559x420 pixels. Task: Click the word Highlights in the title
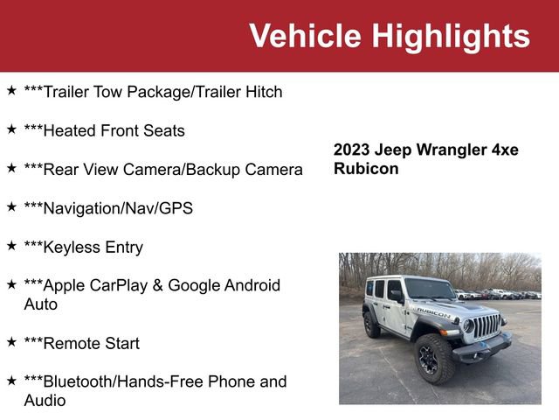(x=450, y=36)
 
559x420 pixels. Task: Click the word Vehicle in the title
(x=305, y=36)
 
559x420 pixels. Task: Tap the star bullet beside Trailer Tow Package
(x=11, y=90)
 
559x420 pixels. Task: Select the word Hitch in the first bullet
(x=261, y=92)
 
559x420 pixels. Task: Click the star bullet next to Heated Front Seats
(x=11, y=129)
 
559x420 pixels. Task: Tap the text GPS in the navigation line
(x=176, y=208)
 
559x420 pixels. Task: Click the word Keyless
(x=71, y=248)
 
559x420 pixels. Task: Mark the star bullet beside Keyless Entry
(x=11, y=245)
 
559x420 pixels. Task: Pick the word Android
(x=249, y=285)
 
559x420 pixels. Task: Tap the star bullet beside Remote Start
(x=11, y=341)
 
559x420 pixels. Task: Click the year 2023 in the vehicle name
(x=351, y=150)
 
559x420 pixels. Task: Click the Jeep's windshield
(x=430, y=290)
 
